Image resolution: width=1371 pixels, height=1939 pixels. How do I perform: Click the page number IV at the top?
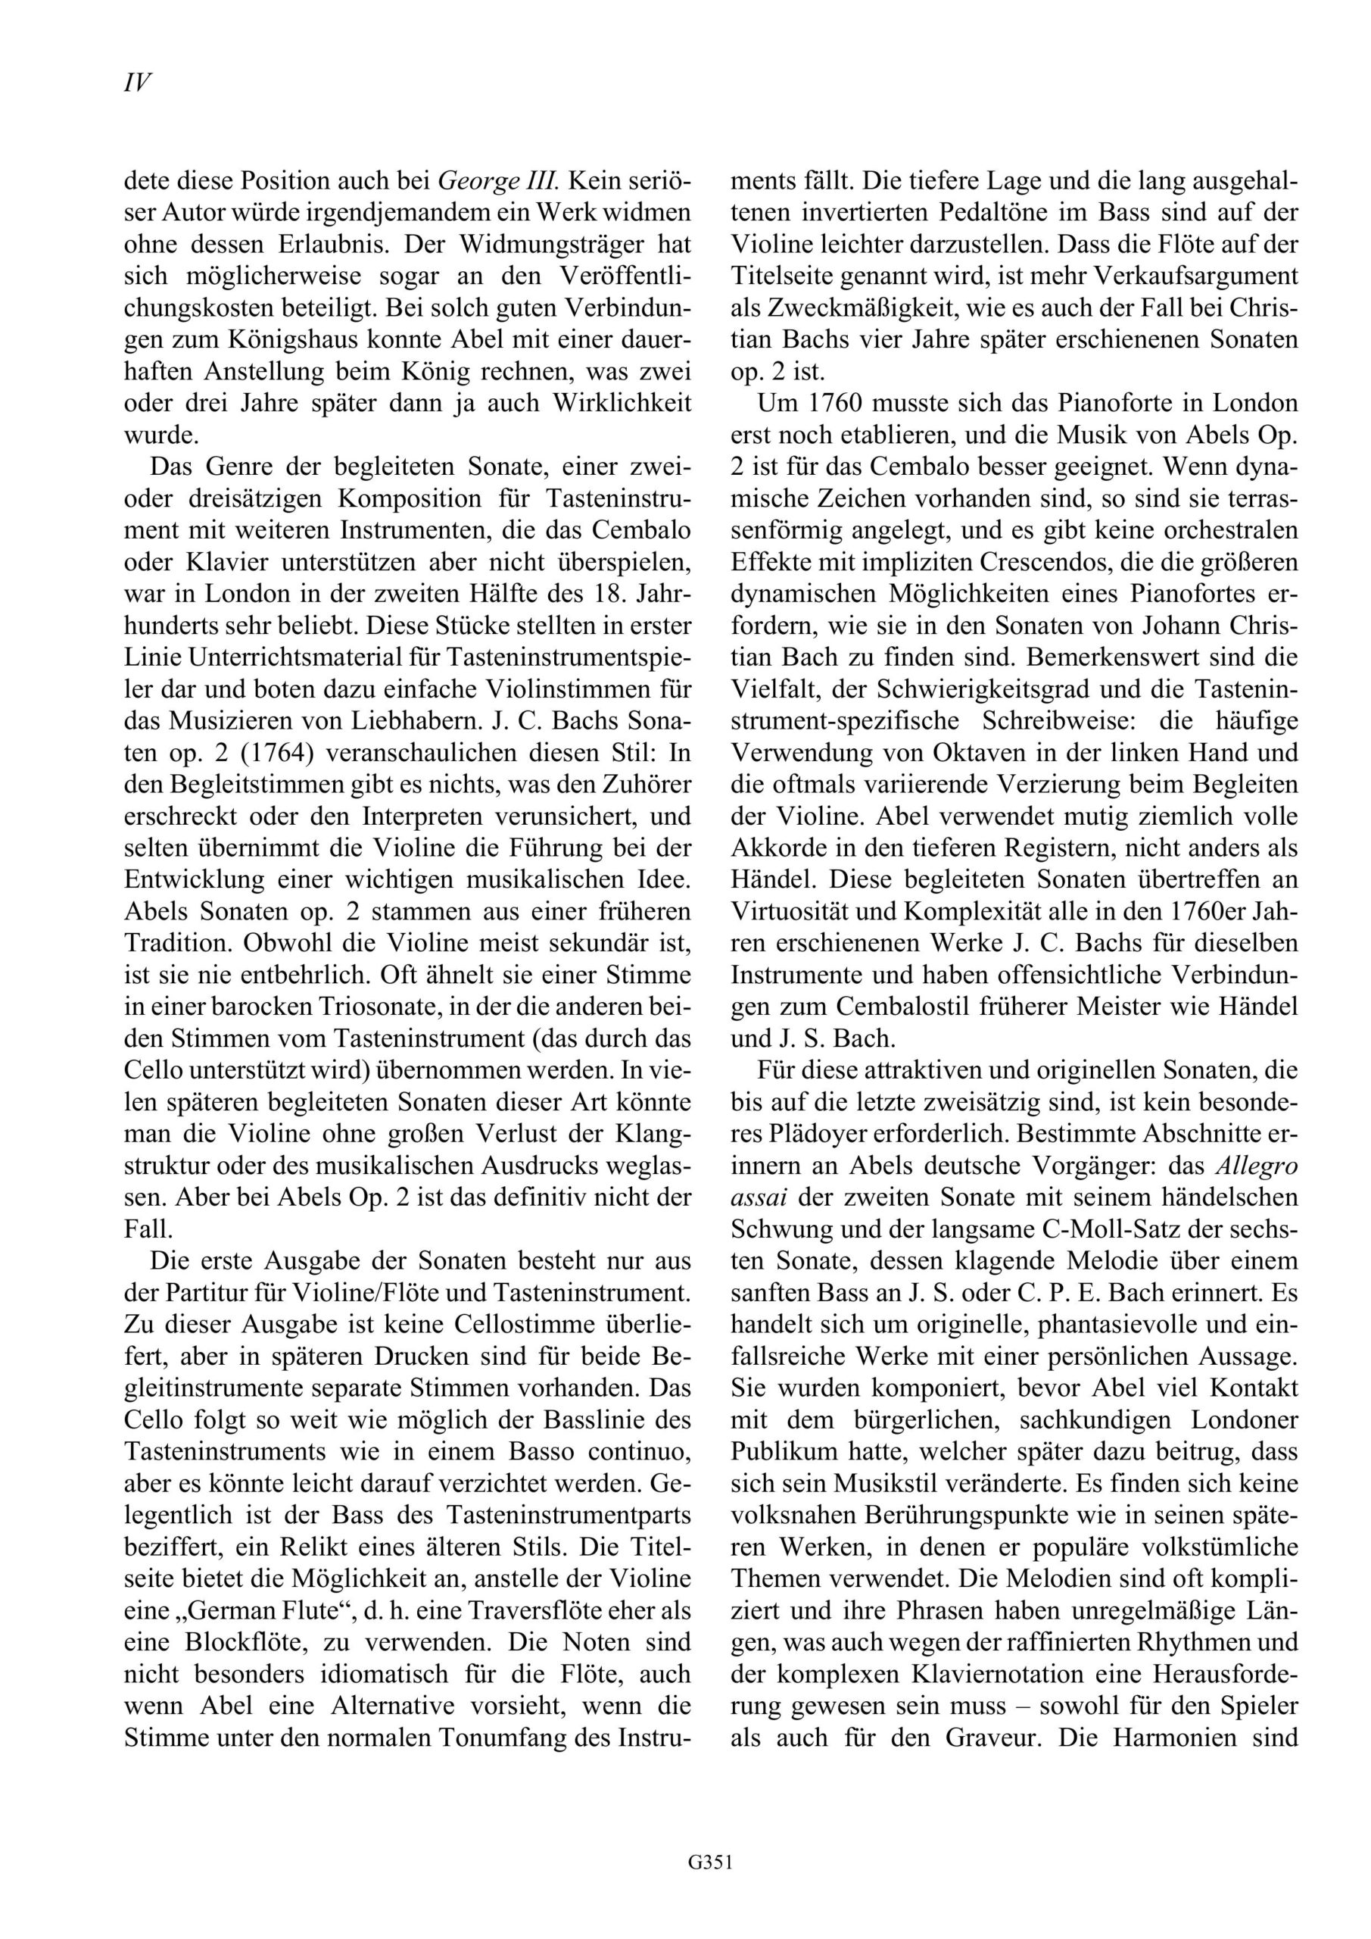[x=138, y=83]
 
